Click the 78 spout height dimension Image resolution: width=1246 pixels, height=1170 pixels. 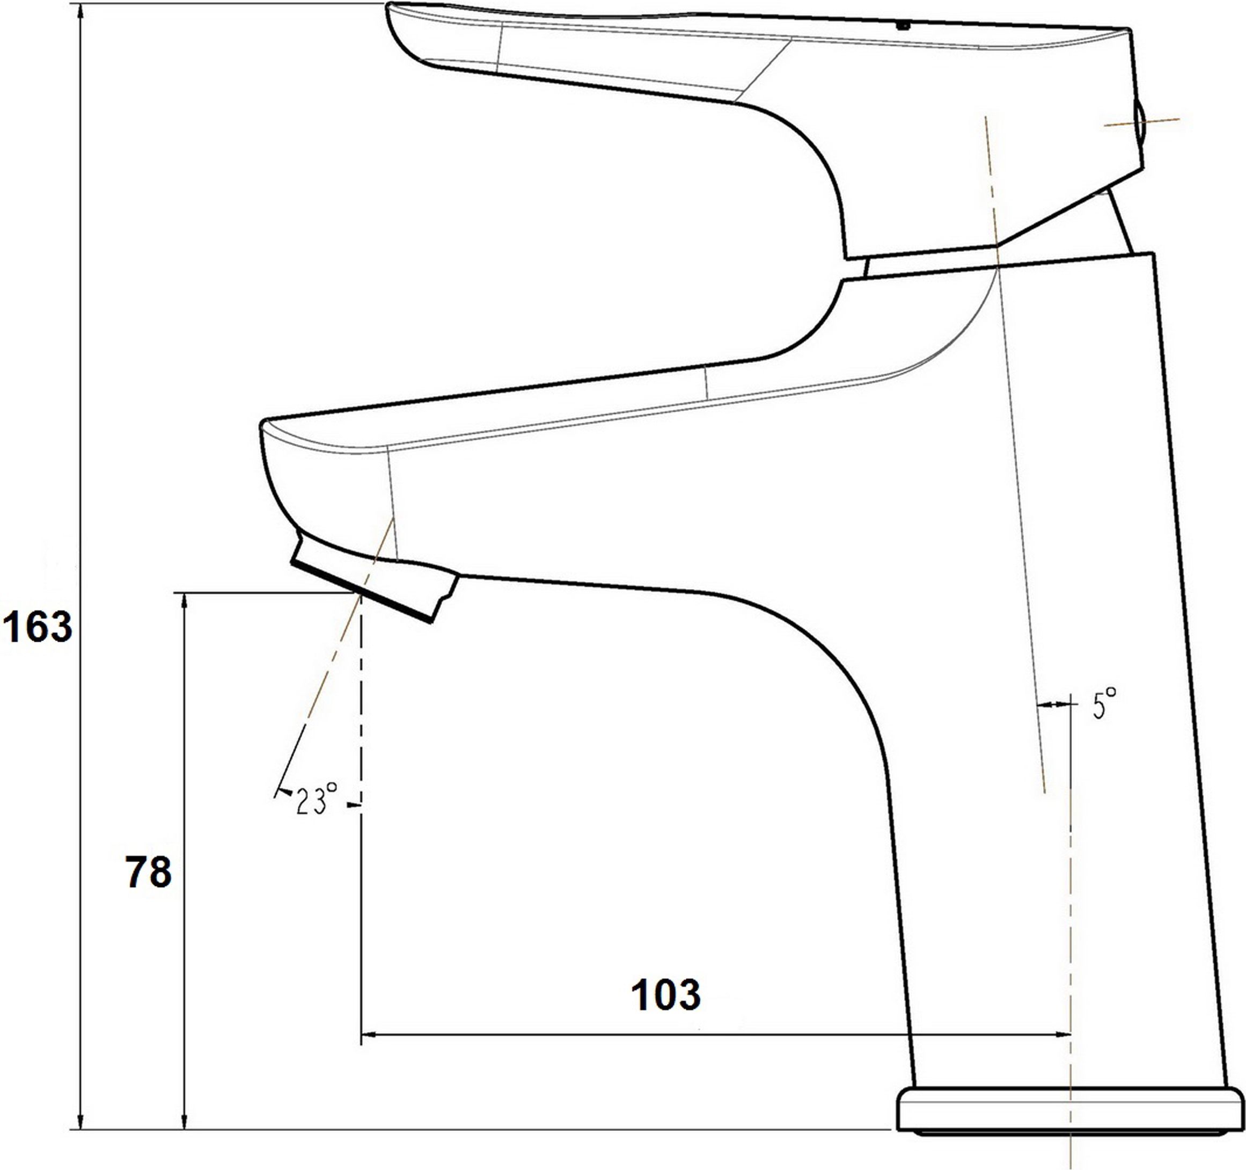[149, 872]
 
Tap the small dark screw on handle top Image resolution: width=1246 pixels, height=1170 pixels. [903, 26]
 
